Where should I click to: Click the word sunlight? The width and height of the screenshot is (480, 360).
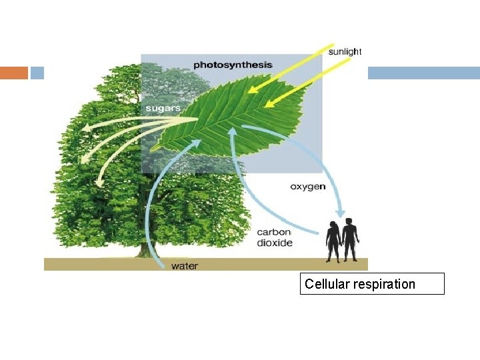pyautogui.click(x=345, y=51)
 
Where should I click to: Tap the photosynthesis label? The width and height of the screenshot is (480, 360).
pyautogui.click(x=233, y=65)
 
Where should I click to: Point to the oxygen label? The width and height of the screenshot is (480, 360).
pyautogui.click(x=307, y=187)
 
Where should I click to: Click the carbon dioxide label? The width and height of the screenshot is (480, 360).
pyautogui.click(x=275, y=237)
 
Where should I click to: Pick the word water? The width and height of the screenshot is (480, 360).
pyautogui.click(x=185, y=266)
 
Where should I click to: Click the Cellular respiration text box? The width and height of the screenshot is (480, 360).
pyautogui.click(x=371, y=284)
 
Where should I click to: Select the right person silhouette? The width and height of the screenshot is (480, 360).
pyautogui.click(x=349, y=239)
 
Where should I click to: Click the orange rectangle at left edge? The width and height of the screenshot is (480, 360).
pyautogui.click(x=13, y=73)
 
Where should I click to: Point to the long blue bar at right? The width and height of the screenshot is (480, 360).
pyautogui.click(x=423, y=73)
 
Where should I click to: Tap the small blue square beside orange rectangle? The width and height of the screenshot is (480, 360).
pyautogui.click(x=37, y=73)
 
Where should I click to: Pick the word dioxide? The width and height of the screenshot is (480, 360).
pyautogui.click(x=275, y=243)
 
